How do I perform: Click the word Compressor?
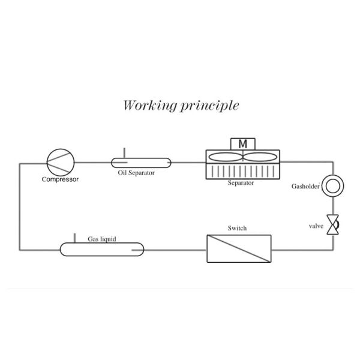tap(60, 179)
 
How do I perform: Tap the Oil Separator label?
tap(136, 173)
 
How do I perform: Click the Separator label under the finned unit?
tap(241, 183)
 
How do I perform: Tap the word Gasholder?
tap(305, 186)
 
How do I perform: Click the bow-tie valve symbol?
tap(333, 224)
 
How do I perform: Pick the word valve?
tap(316, 226)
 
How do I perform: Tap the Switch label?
tap(237, 228)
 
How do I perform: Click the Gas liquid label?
tap(102, 239)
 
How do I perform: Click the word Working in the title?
tap(150, 106)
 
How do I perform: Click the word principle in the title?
tap(209, 106)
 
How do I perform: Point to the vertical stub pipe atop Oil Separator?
tap(124, 153)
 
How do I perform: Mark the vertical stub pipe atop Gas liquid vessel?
tap(74, 238)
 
